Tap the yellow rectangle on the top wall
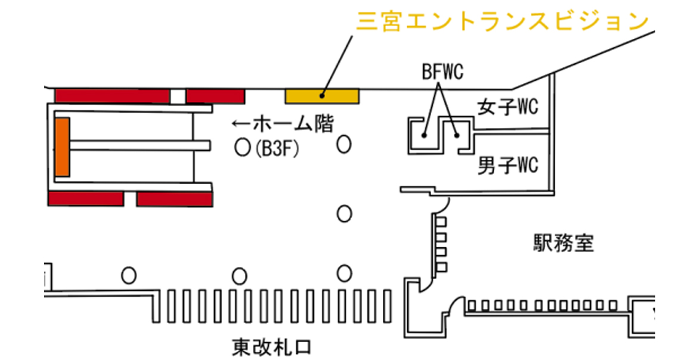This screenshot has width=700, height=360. pos(322,96)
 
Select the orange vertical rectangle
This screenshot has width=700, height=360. pos(62,147)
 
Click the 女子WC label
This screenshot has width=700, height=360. pos(507,107)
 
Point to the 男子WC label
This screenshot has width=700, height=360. pos(507,166)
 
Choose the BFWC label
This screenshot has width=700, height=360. pos(442,72)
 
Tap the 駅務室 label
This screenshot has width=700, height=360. pos(563,243)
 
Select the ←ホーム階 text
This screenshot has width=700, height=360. pos(283,123)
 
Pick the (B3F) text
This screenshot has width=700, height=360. pos(277,148)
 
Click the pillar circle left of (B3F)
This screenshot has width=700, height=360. pos(243,148)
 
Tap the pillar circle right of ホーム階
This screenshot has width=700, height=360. pos(343,144)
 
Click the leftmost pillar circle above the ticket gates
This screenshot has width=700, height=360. pos(129,275)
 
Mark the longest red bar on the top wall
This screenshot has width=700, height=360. pos(113,96)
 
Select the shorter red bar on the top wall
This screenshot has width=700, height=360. pos(215,96)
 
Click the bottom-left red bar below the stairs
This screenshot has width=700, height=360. pos(86,198)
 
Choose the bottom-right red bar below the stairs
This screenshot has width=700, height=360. pos(174,198)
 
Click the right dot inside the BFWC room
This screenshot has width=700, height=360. pos(457,135)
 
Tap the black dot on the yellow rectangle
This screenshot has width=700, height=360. pos(322,95)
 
